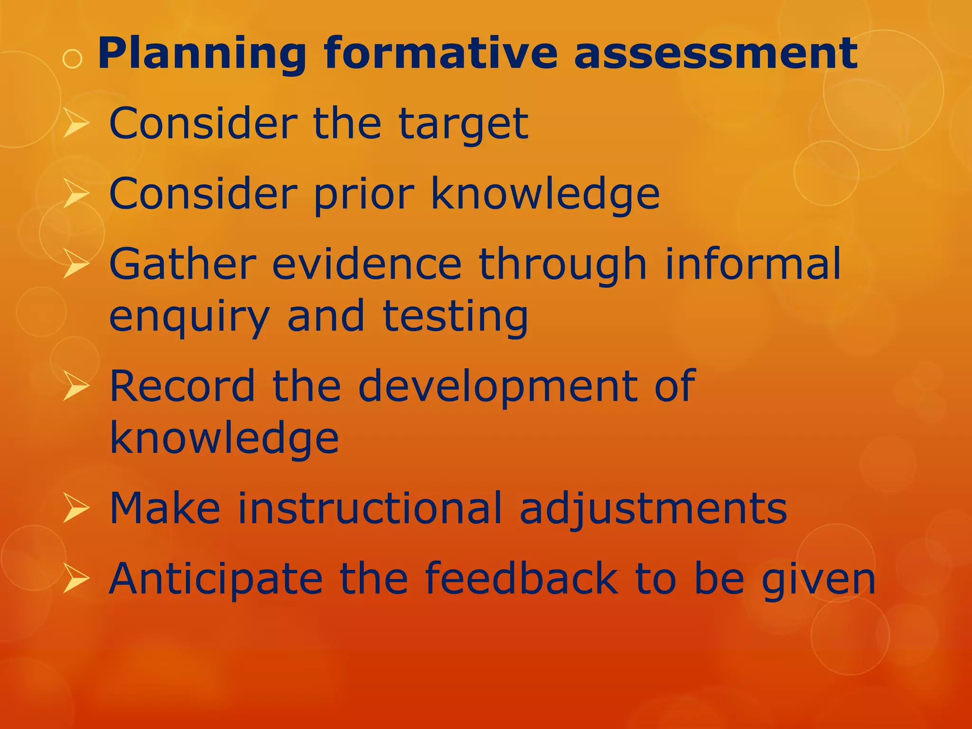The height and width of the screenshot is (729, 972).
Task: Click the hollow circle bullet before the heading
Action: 73,59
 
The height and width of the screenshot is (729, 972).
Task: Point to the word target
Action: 463,124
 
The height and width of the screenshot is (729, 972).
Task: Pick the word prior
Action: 364,194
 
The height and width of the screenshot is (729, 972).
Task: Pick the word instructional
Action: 369,508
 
